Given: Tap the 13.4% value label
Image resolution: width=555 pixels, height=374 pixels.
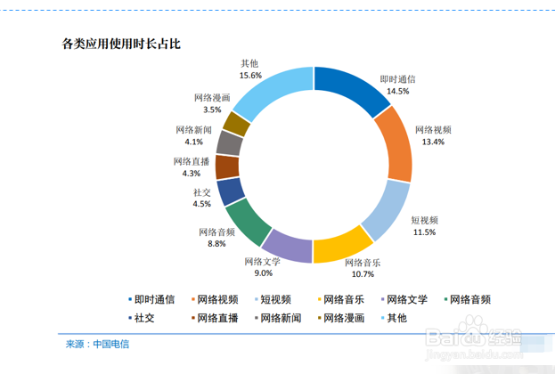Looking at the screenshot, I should click(433, 142).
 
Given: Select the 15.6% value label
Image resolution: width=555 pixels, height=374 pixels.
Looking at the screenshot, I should click(249, 76).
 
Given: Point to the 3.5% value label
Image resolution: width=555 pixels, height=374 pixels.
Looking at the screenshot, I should click(212, 110).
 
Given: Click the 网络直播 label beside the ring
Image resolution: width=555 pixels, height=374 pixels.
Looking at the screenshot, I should click(192, 161).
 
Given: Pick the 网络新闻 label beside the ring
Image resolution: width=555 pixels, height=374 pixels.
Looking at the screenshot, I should click(193, 129).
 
